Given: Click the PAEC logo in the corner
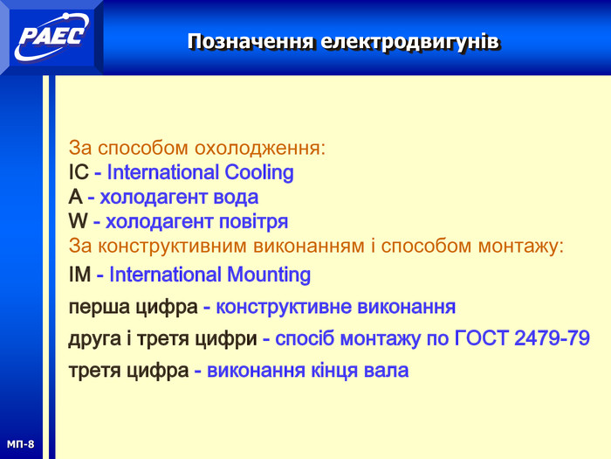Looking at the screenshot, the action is tap(51, 37).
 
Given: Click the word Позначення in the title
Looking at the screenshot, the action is tap(251, 41).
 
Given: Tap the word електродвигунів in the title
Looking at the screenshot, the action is tap(410, 42).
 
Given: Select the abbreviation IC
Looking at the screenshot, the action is tap(79, 172).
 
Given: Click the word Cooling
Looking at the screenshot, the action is tap(259, 173).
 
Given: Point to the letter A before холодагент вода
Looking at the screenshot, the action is tap(76, 197).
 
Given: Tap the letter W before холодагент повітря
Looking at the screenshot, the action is tap(79, 221).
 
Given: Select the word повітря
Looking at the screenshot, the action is tap(253, 222).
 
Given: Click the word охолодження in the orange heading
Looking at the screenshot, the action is tap(260, 149).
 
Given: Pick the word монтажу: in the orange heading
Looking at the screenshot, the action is tap(521, 247).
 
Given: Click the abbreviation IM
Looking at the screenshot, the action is tap(80, 275).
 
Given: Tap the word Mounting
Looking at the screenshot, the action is tap(269, 275).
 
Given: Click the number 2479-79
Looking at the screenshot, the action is tap(553, 338).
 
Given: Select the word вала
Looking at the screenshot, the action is tap(386, 371).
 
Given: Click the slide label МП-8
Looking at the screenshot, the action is tap(20, 444).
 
